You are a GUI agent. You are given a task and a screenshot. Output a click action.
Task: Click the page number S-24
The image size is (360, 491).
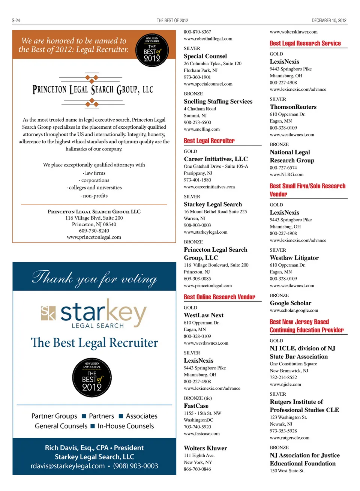coord(16,21)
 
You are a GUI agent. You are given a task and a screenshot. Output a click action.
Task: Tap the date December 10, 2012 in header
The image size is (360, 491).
coord(329,21)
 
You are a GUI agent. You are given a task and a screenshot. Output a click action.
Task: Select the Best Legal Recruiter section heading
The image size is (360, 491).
coord(209,141)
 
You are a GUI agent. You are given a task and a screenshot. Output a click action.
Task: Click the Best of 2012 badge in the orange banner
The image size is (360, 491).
coord(152,50)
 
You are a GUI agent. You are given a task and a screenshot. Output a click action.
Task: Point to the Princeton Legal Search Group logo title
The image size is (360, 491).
coord(93,90)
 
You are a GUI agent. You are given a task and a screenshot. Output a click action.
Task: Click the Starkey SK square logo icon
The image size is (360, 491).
coord(48,313)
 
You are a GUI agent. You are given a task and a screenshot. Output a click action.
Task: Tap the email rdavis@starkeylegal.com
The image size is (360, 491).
coord(67,466)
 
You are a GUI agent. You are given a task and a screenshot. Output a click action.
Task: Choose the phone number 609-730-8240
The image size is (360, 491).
coord(94,231)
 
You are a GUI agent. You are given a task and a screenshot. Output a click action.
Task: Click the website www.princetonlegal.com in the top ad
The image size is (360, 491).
coord(94,237)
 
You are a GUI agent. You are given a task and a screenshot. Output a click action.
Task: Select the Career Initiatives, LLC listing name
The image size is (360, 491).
coord(216,159)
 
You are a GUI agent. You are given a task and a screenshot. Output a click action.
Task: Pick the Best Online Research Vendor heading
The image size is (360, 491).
coord(219,297)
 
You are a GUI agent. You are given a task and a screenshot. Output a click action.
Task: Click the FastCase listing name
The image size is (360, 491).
coord(196,406)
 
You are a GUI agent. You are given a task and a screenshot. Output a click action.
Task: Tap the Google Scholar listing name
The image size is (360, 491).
coord(290,303)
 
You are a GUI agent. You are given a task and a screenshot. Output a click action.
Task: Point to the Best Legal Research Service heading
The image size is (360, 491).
coord(305,44)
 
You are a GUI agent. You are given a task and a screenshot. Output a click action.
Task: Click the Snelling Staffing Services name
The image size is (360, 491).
coord(218,101)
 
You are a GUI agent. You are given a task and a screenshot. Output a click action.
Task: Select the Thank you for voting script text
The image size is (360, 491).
coord(94,278)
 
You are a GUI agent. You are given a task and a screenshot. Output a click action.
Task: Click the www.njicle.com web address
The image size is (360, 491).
coord(285,384)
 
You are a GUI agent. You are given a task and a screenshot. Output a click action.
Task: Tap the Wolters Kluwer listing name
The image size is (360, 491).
coord(205,448)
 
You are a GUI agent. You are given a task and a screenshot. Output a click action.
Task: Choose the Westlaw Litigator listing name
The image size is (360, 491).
coord(294,258)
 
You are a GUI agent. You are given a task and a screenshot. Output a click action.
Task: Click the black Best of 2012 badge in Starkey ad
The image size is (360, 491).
coord(92,377)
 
